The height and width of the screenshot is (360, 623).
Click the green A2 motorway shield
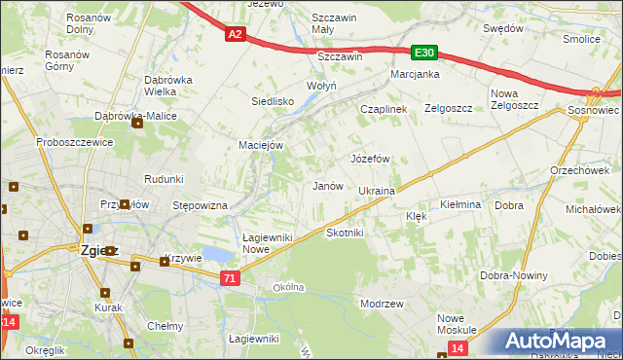tap(235, 34)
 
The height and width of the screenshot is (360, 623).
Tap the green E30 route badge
tap(422, 53)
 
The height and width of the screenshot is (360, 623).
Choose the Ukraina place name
tap(376, 192)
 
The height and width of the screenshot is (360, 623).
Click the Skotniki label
tap(345, 234)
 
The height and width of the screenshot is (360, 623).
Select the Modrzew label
tap(382, 304)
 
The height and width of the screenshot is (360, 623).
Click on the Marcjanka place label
tap(415, 75)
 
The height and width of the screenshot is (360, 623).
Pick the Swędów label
tap(504, 28)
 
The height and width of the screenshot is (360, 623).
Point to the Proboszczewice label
tap(76, 142)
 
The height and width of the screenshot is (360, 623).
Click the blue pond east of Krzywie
tap(220, 255)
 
